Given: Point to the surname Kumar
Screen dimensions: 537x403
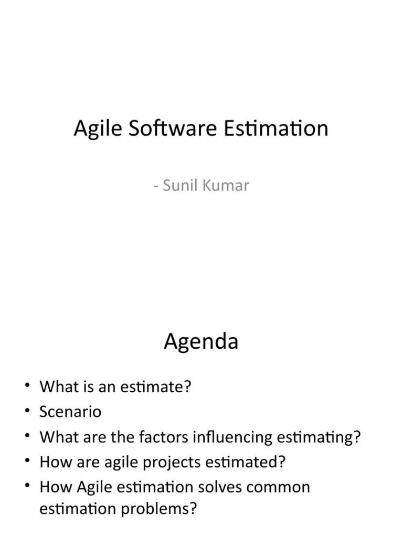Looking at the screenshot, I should click(227, 185).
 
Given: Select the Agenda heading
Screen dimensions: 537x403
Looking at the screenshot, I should click(201, 342).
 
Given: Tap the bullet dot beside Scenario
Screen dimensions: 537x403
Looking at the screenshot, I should click(27, 412).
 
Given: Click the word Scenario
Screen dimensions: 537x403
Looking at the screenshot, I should click(70, 412).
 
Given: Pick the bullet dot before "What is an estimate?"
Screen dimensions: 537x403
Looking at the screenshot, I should click(27, 387).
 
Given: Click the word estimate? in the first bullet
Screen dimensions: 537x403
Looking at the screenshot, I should click(160, 387).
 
